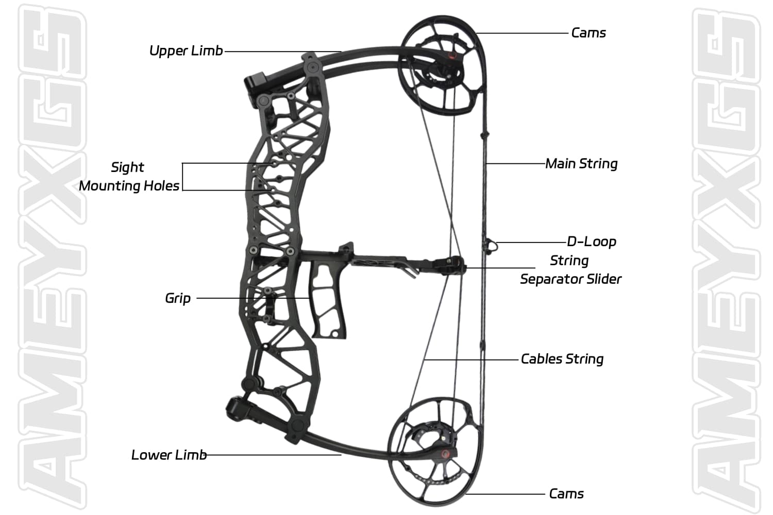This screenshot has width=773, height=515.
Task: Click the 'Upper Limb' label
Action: click(x=186, y=50)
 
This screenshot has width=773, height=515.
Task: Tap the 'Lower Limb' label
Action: click(x=169, y=455)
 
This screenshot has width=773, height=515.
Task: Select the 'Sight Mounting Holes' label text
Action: click(x=129, y=176)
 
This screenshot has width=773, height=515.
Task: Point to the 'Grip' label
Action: click(x=178, y=298)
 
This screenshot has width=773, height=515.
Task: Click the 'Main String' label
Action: click(x=581, y=164)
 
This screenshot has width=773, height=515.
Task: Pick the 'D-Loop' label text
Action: click(x=592, y=241)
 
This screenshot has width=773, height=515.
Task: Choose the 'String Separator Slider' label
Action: click(x=570, y=269)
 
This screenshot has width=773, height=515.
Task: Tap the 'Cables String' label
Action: click(x=562, y=359)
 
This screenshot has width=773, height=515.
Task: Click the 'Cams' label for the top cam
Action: click(x=589, y=32)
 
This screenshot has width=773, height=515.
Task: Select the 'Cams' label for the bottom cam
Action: click(x=566, y=493)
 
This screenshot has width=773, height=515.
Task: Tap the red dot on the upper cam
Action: click(x=451, y=56)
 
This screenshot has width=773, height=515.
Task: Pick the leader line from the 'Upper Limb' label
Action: click(x=283, y=51)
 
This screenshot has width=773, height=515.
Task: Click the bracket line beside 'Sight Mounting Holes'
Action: click(x=183, y=177)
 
